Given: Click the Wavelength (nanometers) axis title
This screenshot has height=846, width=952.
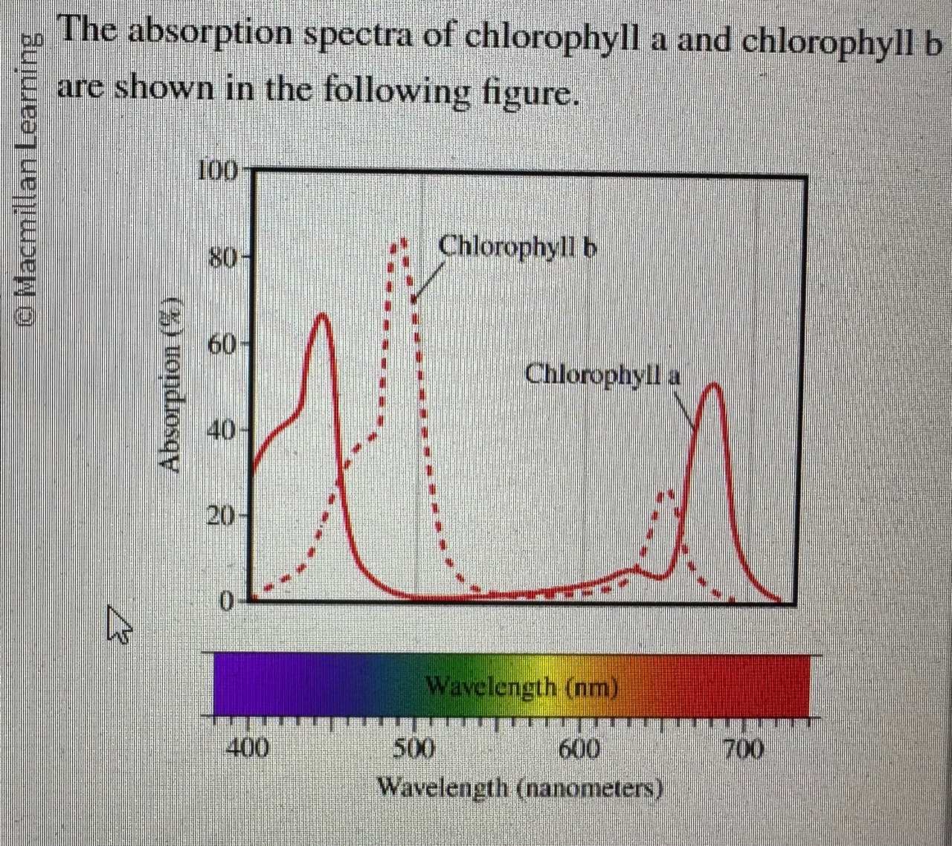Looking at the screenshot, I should pyautogui.click(x=520, y=787).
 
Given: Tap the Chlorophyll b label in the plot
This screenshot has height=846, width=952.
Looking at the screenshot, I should pyautogui.click(x=518, y=246).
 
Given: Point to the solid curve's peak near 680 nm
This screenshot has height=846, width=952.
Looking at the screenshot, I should pyautogui.click(x=713, y=385).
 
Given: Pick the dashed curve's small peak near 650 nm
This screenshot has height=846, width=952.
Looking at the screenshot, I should pyautogui.click(x=668, y=491).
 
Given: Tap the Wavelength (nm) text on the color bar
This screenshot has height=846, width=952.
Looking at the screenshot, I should pyautogui.click(x=521, y=685).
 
